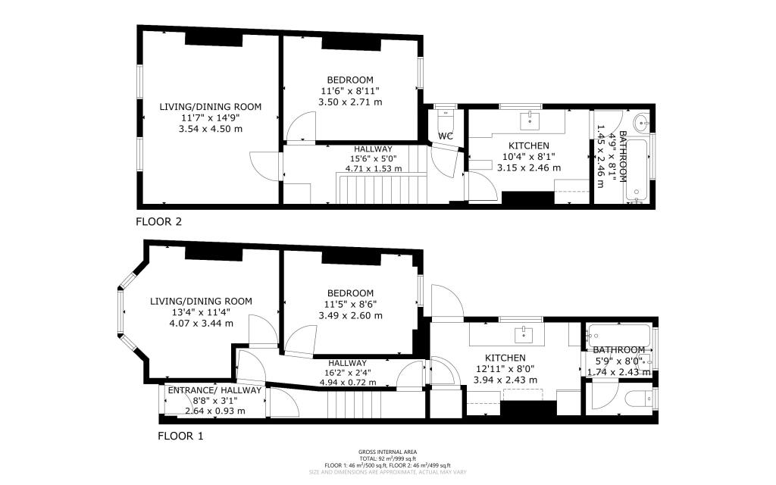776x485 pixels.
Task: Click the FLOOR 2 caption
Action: pyautogui.click(x=158, y=222)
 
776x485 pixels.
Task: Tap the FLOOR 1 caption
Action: pyautogui.click(x=180, y=436)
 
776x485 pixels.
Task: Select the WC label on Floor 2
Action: pyautogui.click(x=446, y=136)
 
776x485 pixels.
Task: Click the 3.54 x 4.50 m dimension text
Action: pyautogui.click(x=210, y=130)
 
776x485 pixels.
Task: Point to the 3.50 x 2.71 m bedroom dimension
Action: pyautogui.click(x=350, y=102)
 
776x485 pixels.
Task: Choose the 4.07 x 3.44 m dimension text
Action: pyautogui.click(x=201, y=323)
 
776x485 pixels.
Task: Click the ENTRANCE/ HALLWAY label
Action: pyautogui.click(x=214, y=390)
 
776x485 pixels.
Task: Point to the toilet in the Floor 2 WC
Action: pyautogui.click(x=446, y=120)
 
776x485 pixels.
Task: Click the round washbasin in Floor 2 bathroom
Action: pyautogui.click(x=641, y=121)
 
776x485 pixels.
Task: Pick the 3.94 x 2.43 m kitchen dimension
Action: pyautogui.click(x=505, y=380)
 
